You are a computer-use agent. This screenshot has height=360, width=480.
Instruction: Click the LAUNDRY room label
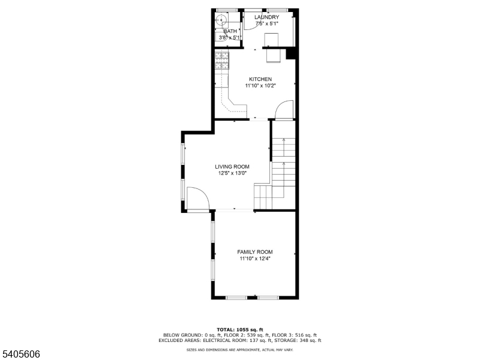[x=266, y=17]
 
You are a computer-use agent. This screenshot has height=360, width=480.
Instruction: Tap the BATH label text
[x=230, y=31]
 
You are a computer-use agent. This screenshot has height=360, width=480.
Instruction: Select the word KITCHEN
[x=260, y=79]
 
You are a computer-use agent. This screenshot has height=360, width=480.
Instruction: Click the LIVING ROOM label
[x=232, y=167]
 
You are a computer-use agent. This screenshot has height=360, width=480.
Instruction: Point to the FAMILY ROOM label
[x=254, y=252]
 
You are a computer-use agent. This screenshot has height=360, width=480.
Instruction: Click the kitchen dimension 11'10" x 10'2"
[x=260, y=86]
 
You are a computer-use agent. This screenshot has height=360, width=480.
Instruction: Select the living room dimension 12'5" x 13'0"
[x=232, y=173]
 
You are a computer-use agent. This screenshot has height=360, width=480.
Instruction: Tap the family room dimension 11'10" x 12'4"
[x=254, y=259]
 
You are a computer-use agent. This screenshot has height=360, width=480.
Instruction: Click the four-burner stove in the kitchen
[x=223, y=60]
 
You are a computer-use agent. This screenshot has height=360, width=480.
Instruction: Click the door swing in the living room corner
[x=197, y=199]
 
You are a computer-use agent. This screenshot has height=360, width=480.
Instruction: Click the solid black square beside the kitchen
[x=292, y=54]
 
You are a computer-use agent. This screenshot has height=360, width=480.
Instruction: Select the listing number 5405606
[x=20, y=354]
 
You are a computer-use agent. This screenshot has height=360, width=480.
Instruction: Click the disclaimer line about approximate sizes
[x=239, y=349]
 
